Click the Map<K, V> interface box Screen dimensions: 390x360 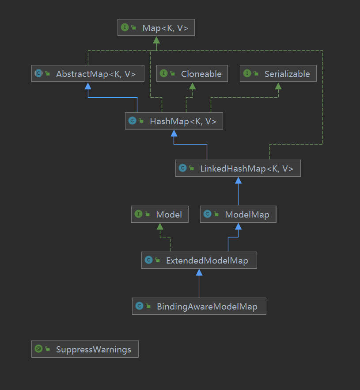(x=156, y=28)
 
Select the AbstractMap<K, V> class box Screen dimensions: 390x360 (x=88, y=74)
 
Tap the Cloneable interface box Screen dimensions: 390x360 (x=192, y=74)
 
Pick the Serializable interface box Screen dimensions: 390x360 (x=278, y=74)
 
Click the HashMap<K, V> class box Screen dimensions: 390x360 (x=174, y=121)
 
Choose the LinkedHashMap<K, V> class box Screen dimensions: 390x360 (x=238, y=168)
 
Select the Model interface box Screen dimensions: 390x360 (x=160, y=214)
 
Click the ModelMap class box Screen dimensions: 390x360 (x=238, y=214)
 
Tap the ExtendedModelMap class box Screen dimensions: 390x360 (x=199, y=260)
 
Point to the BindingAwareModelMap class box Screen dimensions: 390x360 (x=199, y=306)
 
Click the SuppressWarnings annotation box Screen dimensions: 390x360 (x=85, y=349)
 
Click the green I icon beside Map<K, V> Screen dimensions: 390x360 (x=125, y=28)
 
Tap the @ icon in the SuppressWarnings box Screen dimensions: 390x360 (x=38, y=349)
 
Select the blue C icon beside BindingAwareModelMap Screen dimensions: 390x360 (x=139, y=306)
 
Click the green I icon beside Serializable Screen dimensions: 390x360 (x=247, y=74)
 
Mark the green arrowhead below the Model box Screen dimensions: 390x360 (x=160, y=226)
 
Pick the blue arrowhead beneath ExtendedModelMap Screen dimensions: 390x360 (x=199, y=273)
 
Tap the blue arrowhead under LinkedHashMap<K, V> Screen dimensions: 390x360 (x=238, y=180)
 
